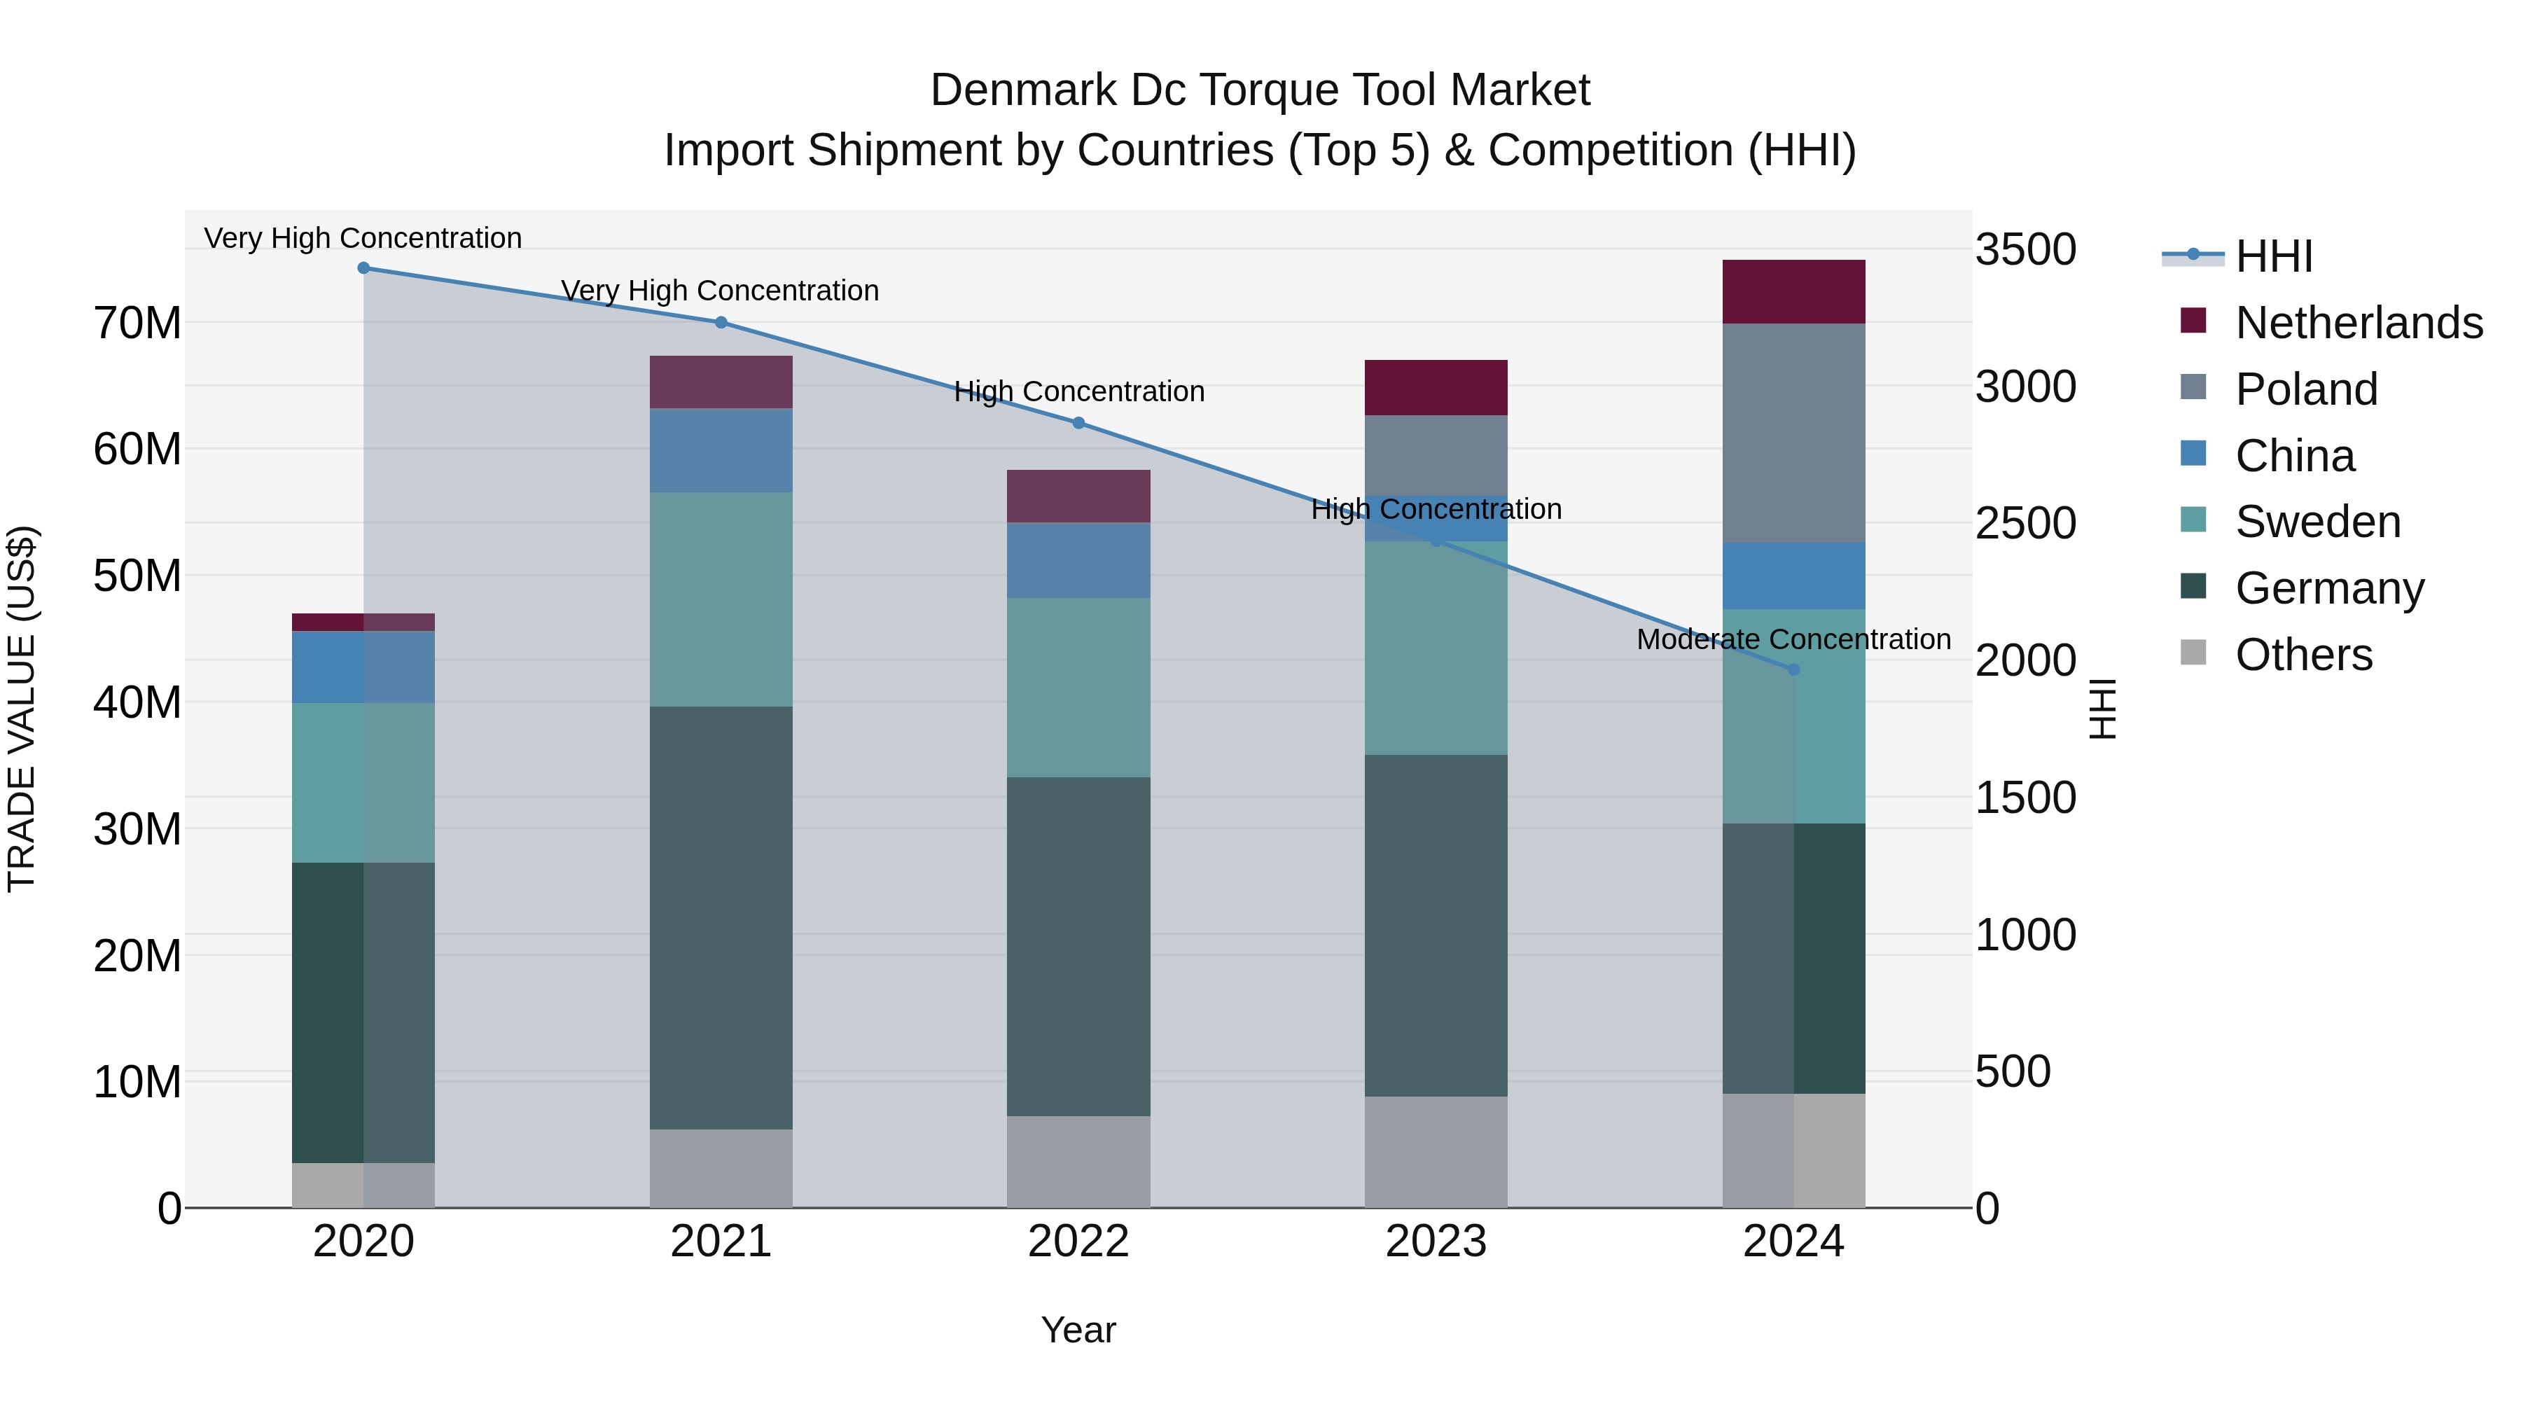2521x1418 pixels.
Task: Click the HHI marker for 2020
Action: click(x=363, y=267)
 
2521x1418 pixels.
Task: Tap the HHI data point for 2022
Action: click(x=1078, y=423)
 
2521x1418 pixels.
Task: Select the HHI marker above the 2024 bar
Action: click(x=1794, y=669)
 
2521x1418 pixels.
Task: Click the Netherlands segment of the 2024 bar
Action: click(x=1794, y=291)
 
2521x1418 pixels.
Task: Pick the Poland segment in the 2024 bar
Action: click(x=1794, y=433)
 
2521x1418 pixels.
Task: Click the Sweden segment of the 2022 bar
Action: click(x=1078, y=687)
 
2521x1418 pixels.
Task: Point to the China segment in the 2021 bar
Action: click(x=721, y=450)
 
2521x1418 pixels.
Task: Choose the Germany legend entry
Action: click(x=2328, y=588)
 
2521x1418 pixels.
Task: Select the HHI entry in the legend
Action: click(x=2272, y=256)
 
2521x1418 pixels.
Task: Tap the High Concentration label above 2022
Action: click(x=1078, y=391)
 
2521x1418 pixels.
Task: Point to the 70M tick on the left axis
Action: click(x=137, y=323)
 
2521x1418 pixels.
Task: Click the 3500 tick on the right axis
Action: click(x=2025, y=249)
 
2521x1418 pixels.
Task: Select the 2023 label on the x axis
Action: click(x=1436, y=1242)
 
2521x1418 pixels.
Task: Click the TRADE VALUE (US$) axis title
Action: click(x=22, y=709)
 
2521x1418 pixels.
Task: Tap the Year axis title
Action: click(x=1078, y=1330)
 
